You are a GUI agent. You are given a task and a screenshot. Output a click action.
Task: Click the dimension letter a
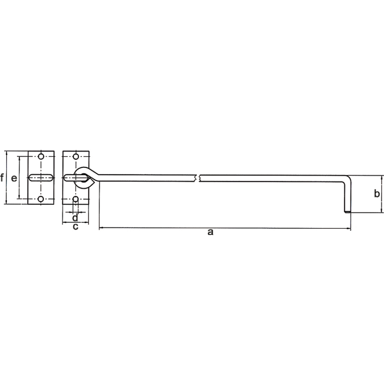210,232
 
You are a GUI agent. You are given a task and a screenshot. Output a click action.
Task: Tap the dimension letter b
377,194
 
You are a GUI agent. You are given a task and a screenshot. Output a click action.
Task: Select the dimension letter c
76,227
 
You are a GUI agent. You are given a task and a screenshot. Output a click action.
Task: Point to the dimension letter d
75,217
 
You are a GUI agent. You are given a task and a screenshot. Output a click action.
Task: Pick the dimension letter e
14,178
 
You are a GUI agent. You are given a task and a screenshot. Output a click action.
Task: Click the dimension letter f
2,177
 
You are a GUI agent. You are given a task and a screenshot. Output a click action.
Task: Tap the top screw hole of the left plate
41,156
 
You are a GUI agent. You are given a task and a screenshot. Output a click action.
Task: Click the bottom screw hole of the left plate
41,199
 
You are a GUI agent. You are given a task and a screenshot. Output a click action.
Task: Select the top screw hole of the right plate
76,156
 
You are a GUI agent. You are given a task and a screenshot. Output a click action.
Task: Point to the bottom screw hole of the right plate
76,199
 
